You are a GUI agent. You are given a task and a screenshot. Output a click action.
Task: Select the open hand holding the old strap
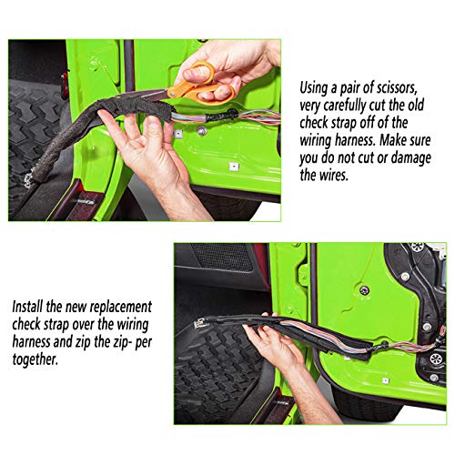146,150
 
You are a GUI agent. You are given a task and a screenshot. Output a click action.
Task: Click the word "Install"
27,307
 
